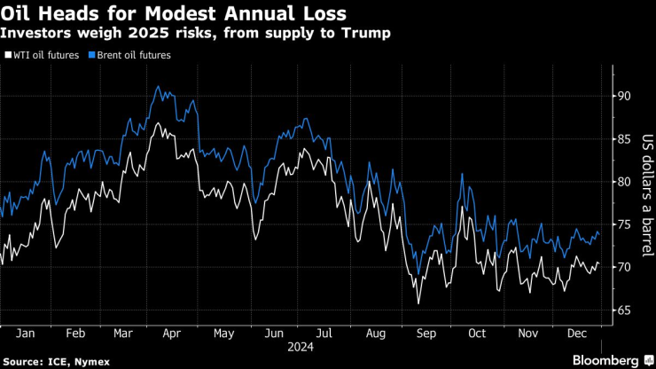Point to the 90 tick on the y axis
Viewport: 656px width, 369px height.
coord(623,96)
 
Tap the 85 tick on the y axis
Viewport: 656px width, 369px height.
coord(623,138)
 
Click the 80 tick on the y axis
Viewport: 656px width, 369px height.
coord(623,182)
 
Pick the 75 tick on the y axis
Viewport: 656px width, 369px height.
coord(623,224)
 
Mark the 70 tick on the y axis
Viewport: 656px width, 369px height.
coord(623,267)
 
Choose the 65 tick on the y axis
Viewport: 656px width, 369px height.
coord(623,310)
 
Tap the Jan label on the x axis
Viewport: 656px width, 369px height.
coord(27,334)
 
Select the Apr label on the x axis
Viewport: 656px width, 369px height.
coord(173,334)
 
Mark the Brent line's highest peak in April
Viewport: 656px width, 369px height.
coord(158,87)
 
